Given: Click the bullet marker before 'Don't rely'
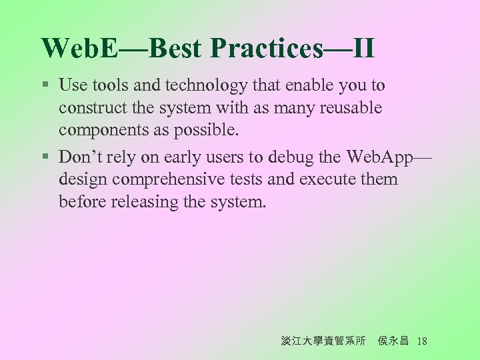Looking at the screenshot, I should [x=45, y=157].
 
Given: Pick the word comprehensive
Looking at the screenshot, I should [x=173, y=179].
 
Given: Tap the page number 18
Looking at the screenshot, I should [x=421, y=341].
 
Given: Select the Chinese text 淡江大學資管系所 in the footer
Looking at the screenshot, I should [x=323, y=341].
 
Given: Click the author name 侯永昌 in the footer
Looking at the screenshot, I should [x=393, y=341].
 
